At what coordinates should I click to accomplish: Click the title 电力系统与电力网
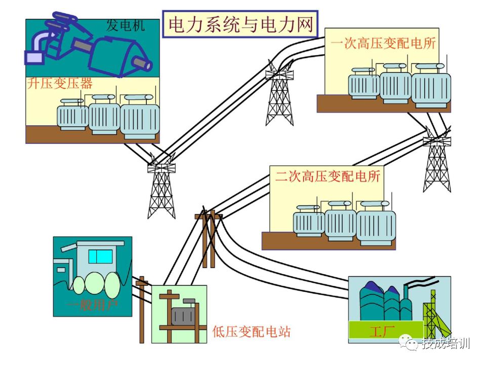[x=240, y=24]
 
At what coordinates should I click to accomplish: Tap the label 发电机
[x=125, y=25]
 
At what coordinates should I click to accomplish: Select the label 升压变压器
[x=60, y=83]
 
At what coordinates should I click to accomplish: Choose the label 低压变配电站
[x=252, y=332]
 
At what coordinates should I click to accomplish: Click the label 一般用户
[x=92, y=305]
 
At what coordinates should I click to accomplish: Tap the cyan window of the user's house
[x=100, y=256]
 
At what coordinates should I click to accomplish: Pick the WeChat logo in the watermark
[x=410, y=344]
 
